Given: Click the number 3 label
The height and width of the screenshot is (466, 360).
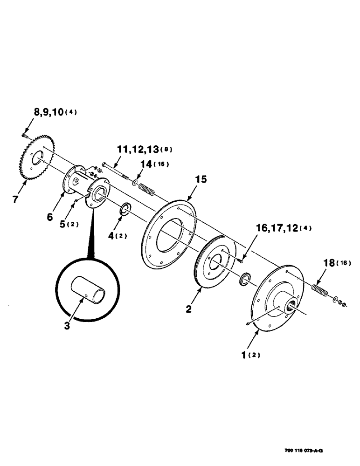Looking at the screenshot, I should click(x=67, y=326).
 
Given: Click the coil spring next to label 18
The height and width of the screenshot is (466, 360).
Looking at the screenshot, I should click(x=320, y=292).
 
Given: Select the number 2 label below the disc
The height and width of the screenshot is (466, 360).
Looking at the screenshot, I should click(x=189, y=309).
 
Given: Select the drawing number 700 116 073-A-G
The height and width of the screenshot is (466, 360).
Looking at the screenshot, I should click(x=303, y=452).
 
